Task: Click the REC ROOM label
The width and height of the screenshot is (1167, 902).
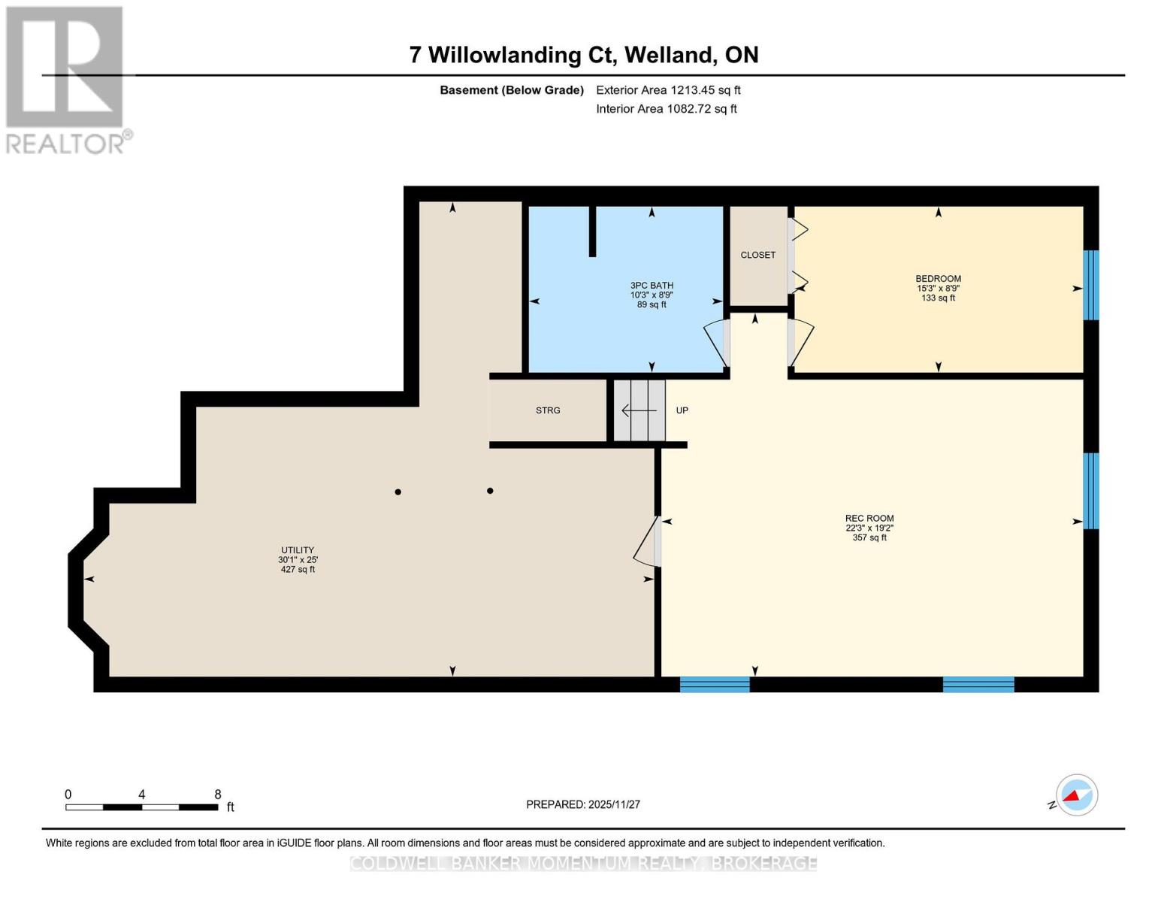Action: tap(869, 519)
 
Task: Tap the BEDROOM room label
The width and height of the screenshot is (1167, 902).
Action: tap(938, 279)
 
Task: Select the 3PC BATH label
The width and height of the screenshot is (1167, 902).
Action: tap(652, 286)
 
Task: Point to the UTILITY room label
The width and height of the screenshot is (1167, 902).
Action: tap(298, 550)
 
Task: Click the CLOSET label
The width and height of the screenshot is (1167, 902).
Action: tap(757, 255)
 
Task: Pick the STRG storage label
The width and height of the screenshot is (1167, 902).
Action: tap(548, 410)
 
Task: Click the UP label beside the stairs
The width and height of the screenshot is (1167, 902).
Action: tap(682, 410)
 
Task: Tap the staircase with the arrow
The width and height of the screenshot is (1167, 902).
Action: tap(639, 410)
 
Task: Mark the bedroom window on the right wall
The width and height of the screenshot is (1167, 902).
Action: tap(1090, 285)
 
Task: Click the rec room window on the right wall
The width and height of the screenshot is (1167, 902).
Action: tap(1090, 491)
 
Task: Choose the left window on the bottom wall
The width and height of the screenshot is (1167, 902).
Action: tap(714, 684)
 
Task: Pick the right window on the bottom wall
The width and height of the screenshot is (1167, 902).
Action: tap(978, 684)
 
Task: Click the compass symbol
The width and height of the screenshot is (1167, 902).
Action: tap(1076, 795)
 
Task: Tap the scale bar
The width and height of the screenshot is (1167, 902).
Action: tap(141, 807)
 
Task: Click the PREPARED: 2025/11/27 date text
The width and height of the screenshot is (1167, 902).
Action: tap(582, 804)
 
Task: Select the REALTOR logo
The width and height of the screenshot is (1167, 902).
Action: tap(65, 79)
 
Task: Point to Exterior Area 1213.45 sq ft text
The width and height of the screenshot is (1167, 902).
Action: tap(668, 90)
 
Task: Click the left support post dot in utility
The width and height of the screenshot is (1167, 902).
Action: tap(398, 492)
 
